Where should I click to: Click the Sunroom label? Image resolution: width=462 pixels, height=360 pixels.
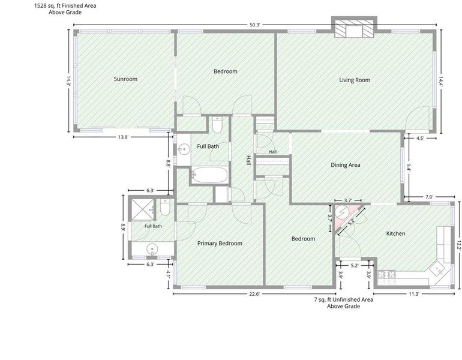(125, 79)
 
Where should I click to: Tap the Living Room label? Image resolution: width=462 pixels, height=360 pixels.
(355, 80)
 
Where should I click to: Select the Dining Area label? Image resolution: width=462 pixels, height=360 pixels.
(346, 165)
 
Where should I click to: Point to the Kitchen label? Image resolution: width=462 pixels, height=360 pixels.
(396, 233)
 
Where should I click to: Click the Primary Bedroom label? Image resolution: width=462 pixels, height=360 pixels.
(220, 244)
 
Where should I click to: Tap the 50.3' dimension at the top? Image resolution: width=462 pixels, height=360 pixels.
(255, 25)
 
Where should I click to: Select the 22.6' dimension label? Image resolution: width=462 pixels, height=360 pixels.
(254, 294)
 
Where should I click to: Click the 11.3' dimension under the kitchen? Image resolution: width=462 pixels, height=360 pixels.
(413, 294)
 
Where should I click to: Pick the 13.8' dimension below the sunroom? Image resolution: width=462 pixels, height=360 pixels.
(123, 137)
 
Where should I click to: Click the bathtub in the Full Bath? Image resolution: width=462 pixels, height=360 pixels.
(210, 175)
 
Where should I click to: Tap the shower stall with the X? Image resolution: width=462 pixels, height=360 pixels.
(142, 209)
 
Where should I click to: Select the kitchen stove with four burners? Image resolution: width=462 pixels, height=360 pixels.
(386, 275)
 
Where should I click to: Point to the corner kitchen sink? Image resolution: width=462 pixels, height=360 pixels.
(437, 269)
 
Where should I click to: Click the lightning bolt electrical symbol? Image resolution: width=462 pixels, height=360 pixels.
(343, 212)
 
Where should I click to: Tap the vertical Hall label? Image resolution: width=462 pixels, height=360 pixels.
(248, 161)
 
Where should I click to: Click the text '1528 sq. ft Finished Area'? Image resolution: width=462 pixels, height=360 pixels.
(65, 5)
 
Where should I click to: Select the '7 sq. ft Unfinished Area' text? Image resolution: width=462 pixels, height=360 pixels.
(344, 299)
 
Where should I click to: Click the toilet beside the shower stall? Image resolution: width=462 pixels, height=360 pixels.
(165, 207)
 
